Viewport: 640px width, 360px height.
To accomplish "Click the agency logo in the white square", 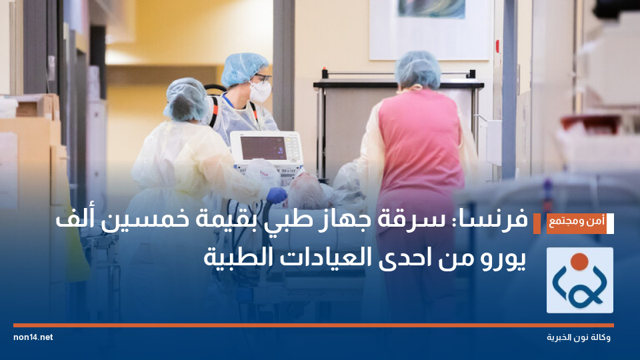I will tap(579, 280).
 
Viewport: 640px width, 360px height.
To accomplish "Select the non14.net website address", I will tap(33, 337).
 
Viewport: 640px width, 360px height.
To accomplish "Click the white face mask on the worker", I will tap(260, 91).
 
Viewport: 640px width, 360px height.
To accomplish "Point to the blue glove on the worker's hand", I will tap(276, 195).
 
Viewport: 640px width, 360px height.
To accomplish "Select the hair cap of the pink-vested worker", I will tap(418, 69).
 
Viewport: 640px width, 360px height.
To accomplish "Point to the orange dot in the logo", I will tap(580, 261).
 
